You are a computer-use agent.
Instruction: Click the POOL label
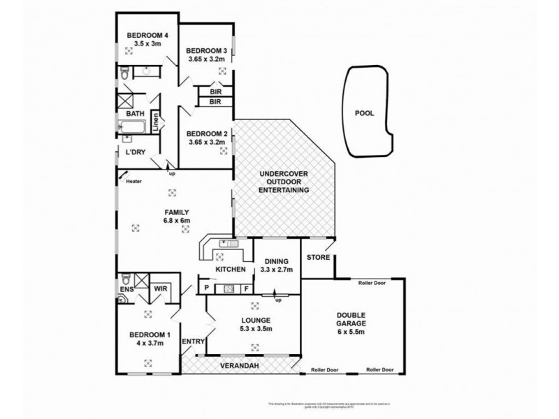coord(365,111)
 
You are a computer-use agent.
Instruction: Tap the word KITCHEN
coord(230,270)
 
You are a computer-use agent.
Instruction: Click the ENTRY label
coord(192,341)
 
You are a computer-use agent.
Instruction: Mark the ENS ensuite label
coord(126,288)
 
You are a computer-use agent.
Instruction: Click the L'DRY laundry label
coord(135,152)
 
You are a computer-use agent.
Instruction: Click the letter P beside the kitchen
coord(207,288)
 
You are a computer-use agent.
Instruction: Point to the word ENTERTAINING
coord(284,190)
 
